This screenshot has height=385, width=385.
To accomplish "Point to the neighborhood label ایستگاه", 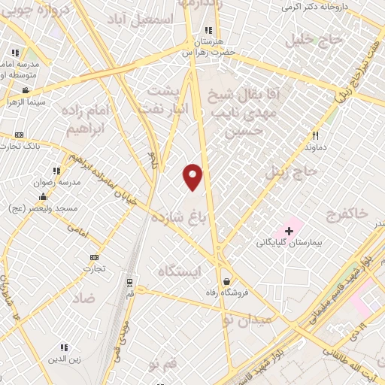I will (180, 271).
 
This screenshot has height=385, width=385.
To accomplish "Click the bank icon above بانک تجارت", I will (19, 135).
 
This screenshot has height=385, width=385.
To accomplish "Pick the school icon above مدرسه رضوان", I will (55, 171).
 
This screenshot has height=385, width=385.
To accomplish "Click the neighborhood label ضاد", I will (83, 298).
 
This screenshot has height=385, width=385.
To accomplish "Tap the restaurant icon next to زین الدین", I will (64, 347).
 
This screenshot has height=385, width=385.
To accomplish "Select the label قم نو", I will (165, 365).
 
